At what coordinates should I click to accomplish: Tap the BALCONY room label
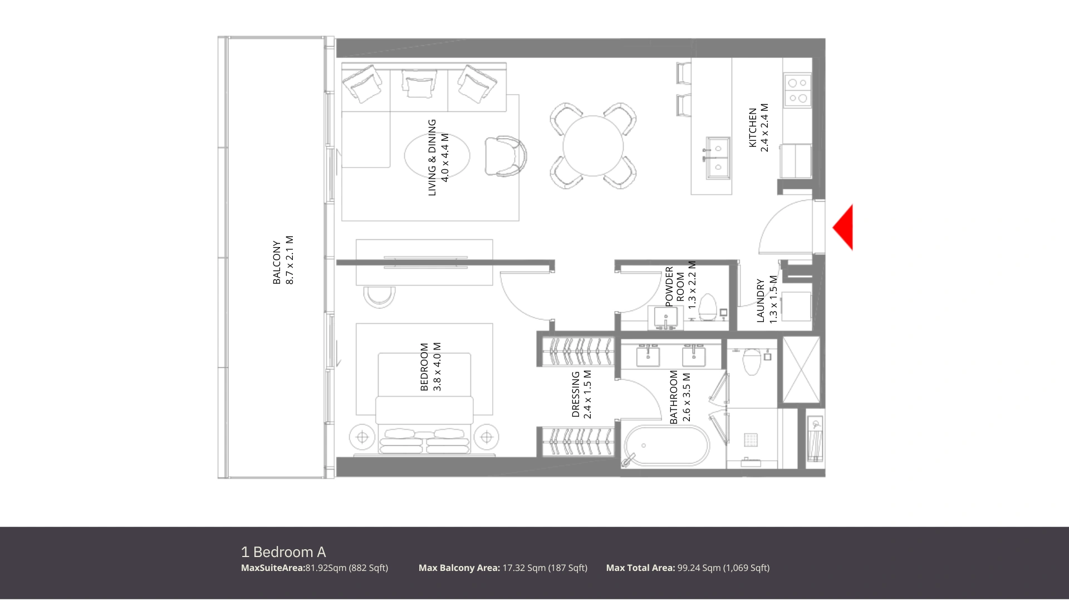(277, 262)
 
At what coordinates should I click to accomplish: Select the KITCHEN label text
(753, 127)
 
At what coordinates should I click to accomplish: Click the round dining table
(593, 146)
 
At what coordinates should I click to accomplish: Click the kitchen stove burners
(797, 90)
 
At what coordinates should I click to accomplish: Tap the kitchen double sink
(718, 158)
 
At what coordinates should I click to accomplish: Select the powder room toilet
(708, 307)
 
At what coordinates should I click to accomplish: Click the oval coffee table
(437, 155)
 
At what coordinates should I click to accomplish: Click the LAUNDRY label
(761, 300)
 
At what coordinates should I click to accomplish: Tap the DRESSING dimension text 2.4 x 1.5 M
(588, 394)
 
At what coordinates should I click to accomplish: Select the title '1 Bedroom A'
(283, 552)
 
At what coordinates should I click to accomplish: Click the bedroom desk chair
(380, 297)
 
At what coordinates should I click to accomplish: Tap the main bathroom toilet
(752, 361)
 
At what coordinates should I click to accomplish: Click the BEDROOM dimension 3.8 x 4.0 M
(437, 367)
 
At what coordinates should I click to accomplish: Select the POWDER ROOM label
(675, 287)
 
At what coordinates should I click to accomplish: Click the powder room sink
(665, 317)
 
